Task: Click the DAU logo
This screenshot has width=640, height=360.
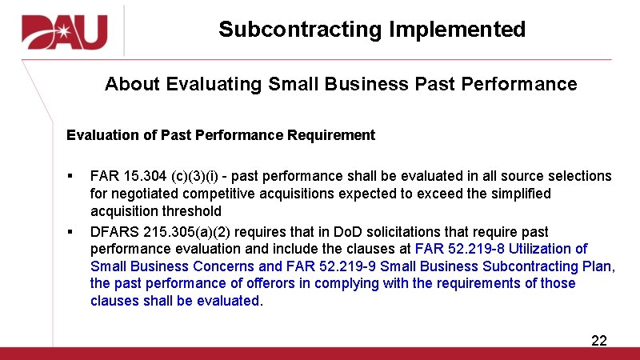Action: click(64, 33)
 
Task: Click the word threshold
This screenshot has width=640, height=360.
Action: click(192, 211)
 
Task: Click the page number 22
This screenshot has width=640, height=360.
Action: click(598, 341)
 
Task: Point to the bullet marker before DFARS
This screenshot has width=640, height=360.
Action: click(70, 232)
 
